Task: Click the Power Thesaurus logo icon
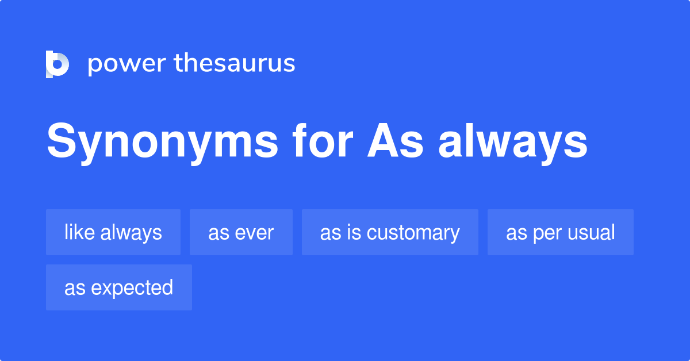coord(57,64)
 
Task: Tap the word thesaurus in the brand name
coord(235,64)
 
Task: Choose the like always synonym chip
coord(113,232)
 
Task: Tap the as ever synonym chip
coord(241,232)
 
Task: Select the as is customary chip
coord(390,232)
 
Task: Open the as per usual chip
coord(561,232)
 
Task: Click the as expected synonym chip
coord(119,287)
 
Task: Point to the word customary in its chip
coord(414,232)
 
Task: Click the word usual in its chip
coord(592,232)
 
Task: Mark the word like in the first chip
coord(79,232)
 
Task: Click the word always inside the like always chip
coord(131,232)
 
